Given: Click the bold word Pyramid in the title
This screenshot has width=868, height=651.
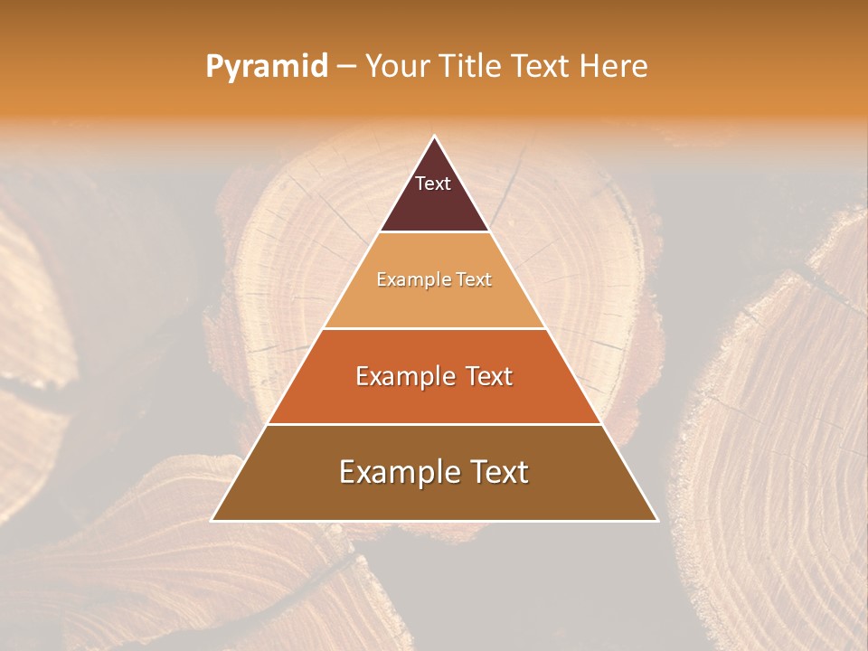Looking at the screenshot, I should coord(267,67).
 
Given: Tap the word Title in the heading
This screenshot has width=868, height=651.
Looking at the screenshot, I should coord(472,67).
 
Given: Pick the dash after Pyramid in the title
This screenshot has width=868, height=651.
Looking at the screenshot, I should coord(346,67).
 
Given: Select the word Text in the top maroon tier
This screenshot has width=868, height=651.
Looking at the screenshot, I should coord(433,184).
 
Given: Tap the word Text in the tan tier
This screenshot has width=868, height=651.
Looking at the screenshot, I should coord(473,279).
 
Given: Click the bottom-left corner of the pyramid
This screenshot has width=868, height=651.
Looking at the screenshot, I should coord(212,521).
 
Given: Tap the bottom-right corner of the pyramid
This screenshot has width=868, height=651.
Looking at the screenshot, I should coord(658,521).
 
